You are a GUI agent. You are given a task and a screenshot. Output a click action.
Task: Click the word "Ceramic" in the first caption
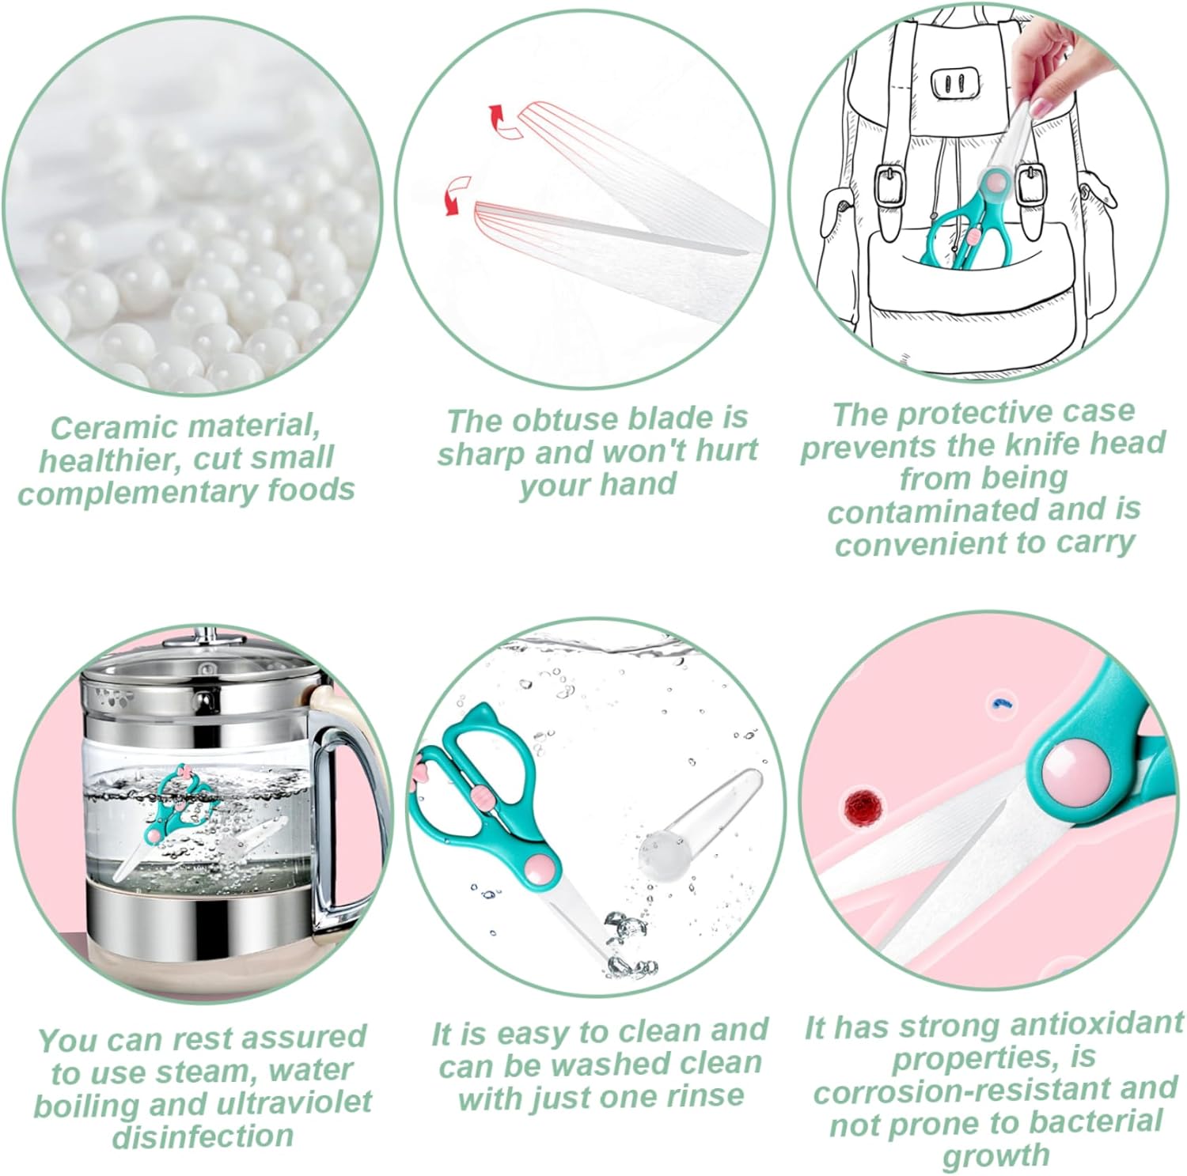pyautogui.click(x=104, y=427)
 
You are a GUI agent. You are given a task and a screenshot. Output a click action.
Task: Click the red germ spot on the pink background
pyautogui.click(x=861, y=807)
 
